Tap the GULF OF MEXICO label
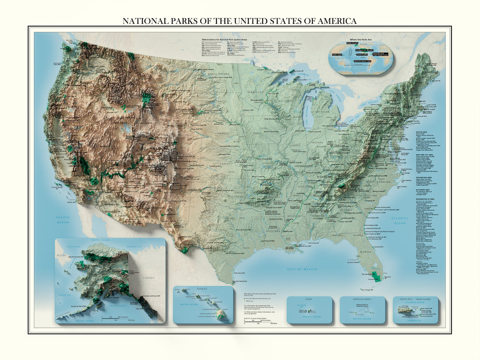(301, 269)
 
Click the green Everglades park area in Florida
(377, 277)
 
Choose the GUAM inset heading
(309, 299)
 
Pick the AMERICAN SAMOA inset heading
(362, 299)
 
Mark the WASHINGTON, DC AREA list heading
(425, 198)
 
